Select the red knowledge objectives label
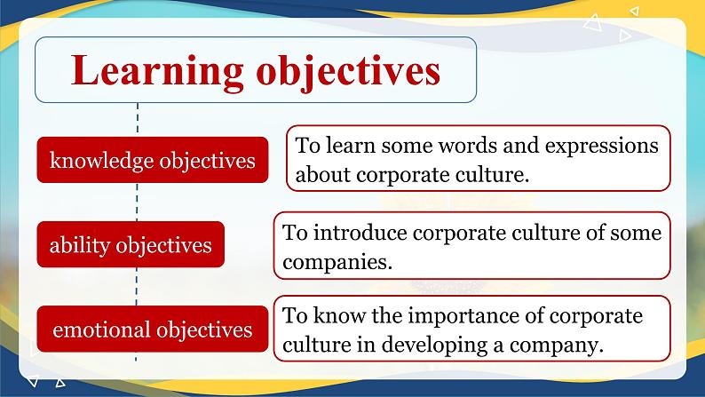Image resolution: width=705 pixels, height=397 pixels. click(152, 161)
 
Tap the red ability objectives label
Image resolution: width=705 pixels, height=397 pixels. click(131, 244)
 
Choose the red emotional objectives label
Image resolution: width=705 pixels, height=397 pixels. click(152, 330)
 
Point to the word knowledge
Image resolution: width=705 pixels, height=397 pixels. click(101, 161)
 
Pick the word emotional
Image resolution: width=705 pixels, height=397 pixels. click(101, 330)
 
